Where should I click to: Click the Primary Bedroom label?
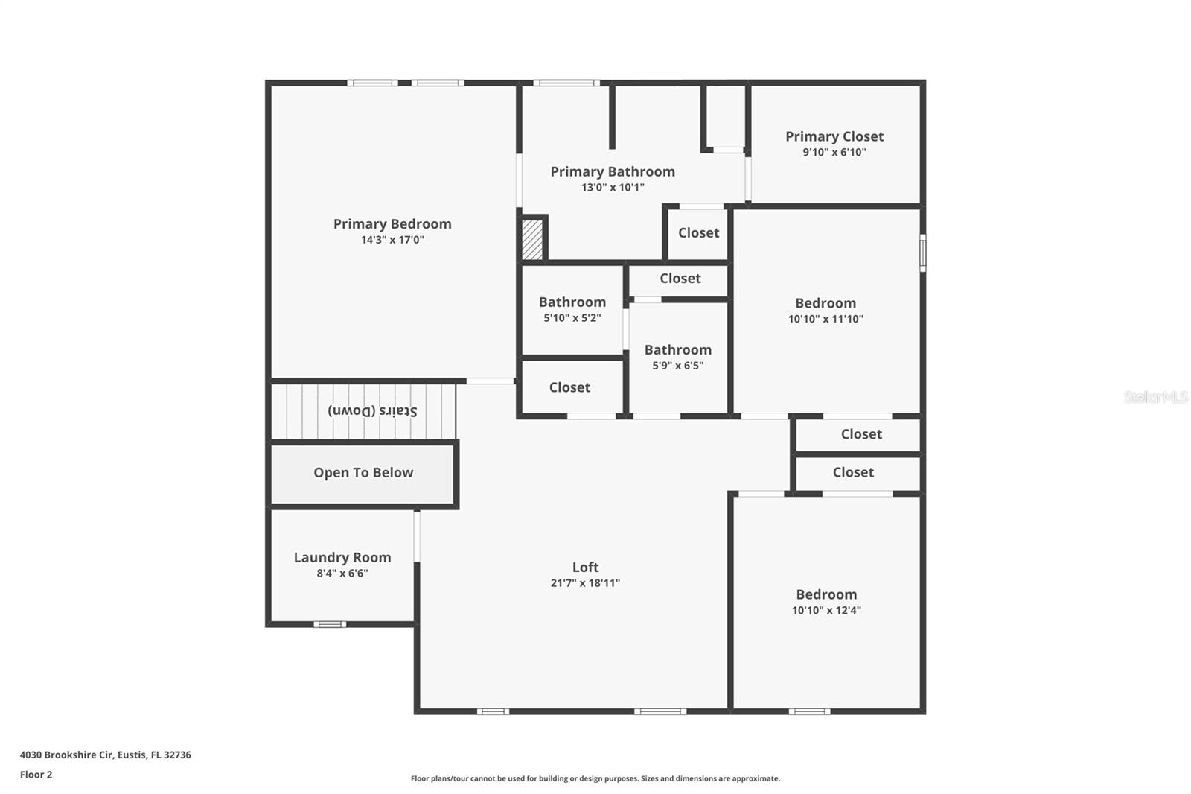coord(392,223)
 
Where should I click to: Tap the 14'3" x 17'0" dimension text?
coord(392,240)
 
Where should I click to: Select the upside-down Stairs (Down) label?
coord(373,411)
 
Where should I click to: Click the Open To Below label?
coord(363,472)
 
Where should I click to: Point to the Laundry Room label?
coord(342,557)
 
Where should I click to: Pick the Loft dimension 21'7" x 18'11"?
coord(585,583)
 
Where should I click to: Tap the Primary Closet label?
coord(834,136)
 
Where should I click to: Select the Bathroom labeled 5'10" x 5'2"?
coord(572,302)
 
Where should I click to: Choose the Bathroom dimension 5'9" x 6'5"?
coord(677,366)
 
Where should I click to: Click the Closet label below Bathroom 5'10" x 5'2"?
coord(569,387)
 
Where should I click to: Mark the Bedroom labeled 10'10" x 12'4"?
coord(826,594)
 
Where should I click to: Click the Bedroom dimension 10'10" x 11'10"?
coord(826,319)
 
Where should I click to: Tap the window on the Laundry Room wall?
coord(329,624)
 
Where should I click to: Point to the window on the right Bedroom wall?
coord(923,253)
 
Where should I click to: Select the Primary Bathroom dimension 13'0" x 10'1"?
coord(613,188)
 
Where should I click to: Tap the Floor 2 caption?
coord(36,775)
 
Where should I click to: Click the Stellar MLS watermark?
coord(1155,397)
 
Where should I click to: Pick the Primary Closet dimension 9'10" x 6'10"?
coord(834,152)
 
